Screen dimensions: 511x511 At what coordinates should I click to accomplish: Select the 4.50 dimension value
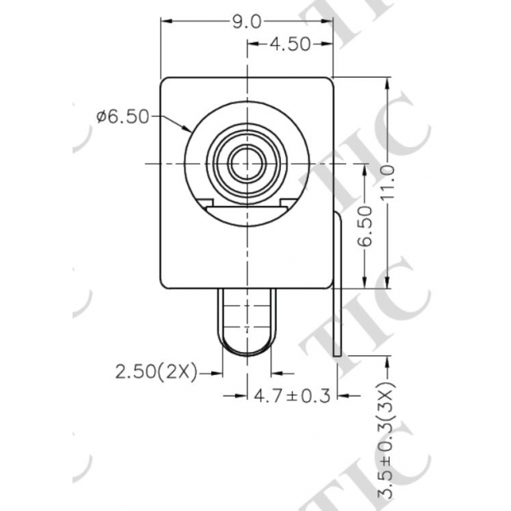point(288,45)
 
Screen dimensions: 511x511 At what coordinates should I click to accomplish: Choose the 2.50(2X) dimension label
point(156,373)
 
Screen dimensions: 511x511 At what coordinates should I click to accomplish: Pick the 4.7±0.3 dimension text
point(291,396)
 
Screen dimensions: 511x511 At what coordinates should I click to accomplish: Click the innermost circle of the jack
point(246,162)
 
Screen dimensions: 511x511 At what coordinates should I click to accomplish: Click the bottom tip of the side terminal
point(339,354)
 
